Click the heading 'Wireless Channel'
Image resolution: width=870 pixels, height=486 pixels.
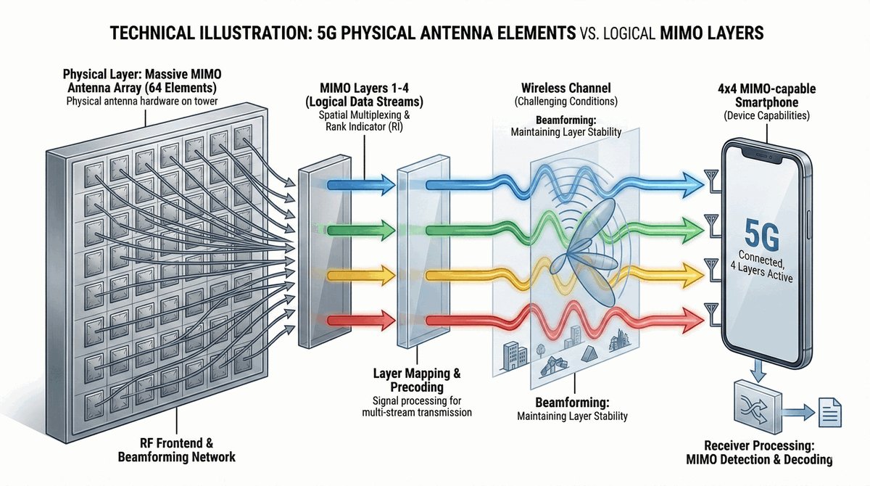tap(559, 88)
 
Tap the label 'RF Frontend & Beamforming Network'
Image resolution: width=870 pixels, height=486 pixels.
tap(176, 450)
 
